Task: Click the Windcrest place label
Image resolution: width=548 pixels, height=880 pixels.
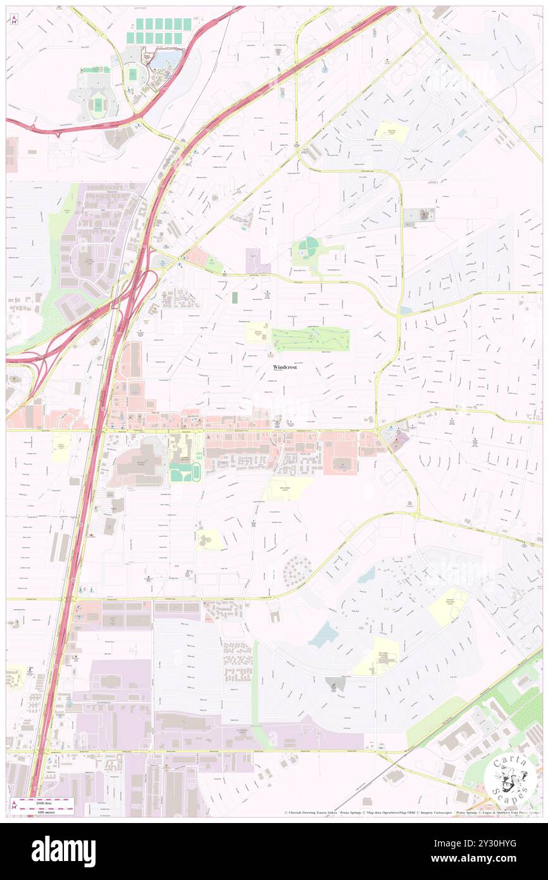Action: pos(285,367)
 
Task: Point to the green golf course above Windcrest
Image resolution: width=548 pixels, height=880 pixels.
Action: pos(310,340)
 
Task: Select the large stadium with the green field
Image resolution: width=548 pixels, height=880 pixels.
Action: pos(98,103)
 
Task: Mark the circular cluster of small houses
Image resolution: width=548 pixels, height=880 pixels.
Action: pos(297,571)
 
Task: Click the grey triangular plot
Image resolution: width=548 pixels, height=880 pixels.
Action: pos(335,684)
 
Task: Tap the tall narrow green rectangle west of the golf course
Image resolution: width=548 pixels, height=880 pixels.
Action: pos(235,298)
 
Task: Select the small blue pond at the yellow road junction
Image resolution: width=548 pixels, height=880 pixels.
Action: pos(405,310)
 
